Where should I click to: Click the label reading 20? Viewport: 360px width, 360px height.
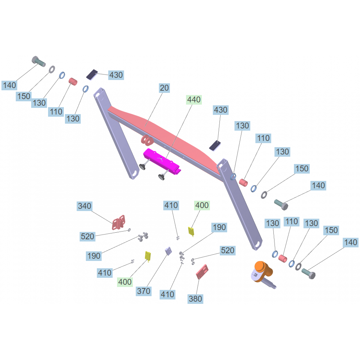coord(164,88)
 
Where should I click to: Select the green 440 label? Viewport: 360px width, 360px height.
coord(194,100)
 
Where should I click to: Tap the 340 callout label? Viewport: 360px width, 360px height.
coord(84,206)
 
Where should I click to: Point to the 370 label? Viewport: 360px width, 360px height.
coord(143,291)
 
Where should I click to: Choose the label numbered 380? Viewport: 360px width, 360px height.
coord(195,299)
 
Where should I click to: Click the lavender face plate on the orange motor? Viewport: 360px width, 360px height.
coord(256,275)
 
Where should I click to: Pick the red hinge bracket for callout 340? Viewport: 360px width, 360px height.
coord(119,222)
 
